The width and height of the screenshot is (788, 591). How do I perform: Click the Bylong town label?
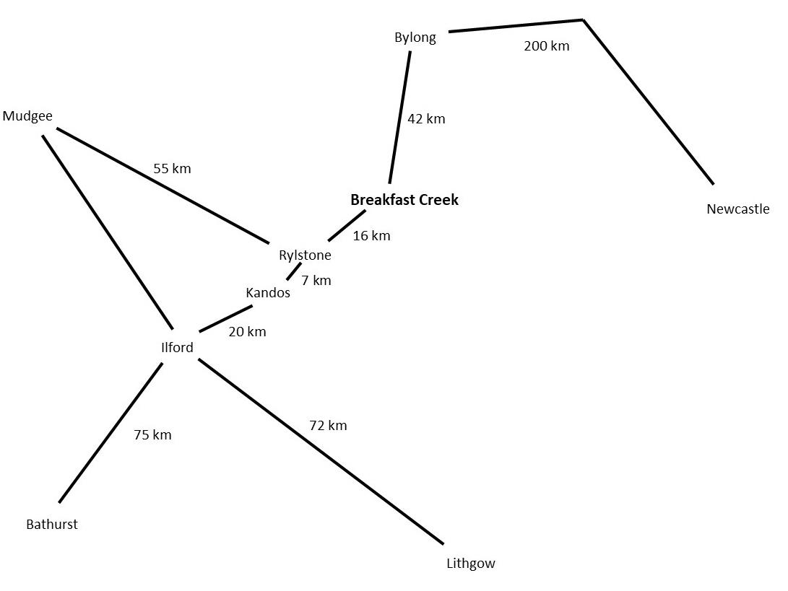tap(415, 38)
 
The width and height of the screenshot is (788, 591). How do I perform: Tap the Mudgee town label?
tap(27, 115)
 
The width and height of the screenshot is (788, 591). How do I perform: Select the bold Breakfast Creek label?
tap(404, 200)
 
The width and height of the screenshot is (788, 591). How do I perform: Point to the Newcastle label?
tap(737, 209)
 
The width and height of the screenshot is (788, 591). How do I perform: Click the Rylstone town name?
tap(305, 255)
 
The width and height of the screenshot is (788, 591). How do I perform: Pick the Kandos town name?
tap(268, 292)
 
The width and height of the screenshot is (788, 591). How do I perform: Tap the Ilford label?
tap(177, 347)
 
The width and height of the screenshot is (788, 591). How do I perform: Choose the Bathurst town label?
tap(51, 525)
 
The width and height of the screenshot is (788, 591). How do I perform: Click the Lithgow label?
tap(471, 564)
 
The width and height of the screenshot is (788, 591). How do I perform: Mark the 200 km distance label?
tap(546, 46)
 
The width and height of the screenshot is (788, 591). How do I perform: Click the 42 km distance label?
tap(426, 118)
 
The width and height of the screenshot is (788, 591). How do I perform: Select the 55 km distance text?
tap(172, 168)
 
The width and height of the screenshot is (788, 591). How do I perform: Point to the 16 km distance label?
tap(371, 235)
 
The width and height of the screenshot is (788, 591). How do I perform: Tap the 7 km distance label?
tap(316, 280)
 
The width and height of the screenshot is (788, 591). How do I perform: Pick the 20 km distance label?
tap(247, 332)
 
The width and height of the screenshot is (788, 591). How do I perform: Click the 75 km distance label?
tap(152, 435)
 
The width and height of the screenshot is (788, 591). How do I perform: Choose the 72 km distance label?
tap(328, 425)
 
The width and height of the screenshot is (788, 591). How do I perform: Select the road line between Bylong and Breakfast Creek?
tap(400, 117)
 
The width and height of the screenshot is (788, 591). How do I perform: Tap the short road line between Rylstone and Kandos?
tap(293, 271)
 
